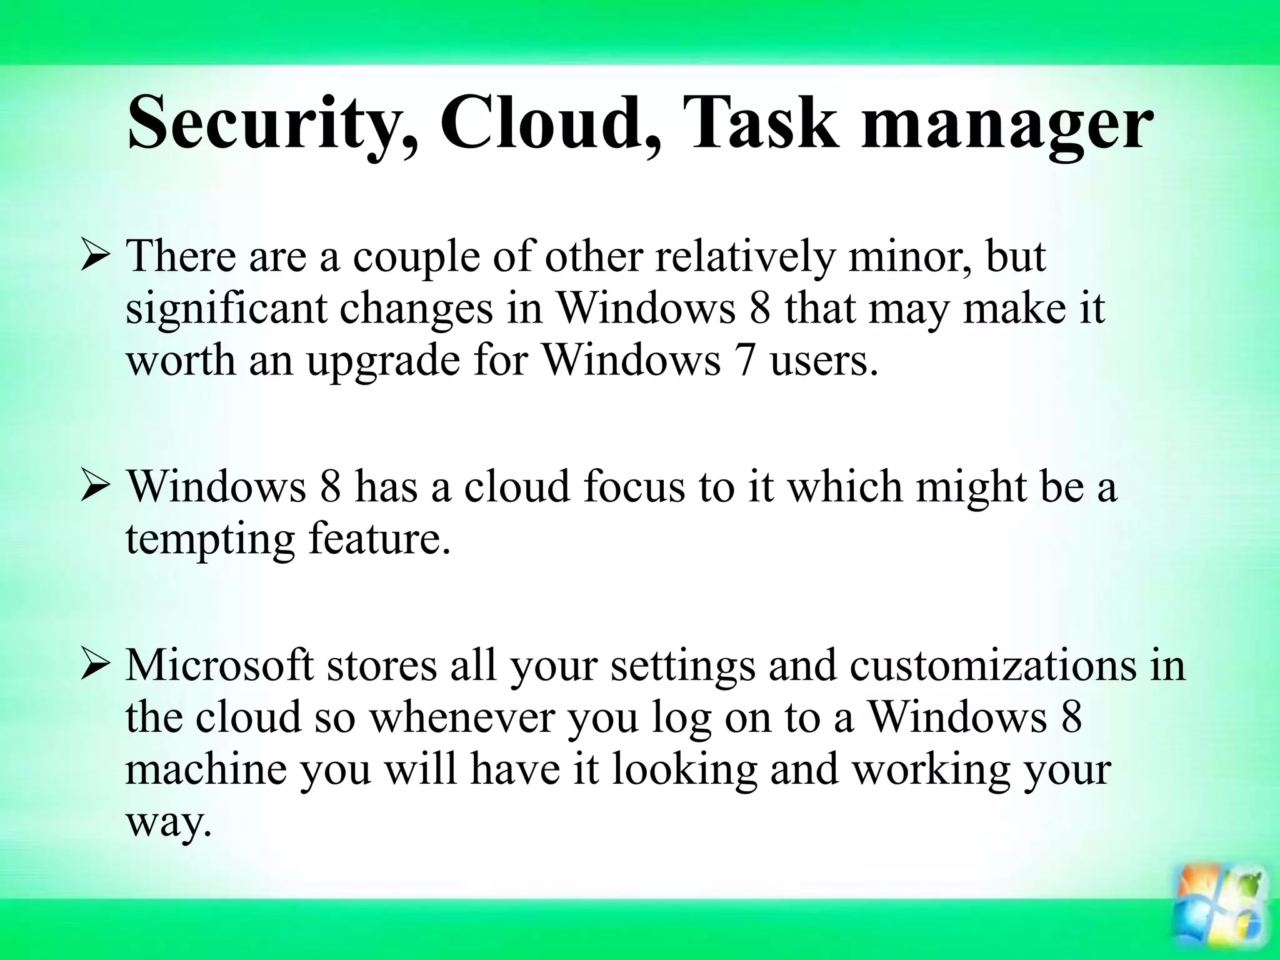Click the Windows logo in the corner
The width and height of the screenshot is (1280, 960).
coord(1219,918)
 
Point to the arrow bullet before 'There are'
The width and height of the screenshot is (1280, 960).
coord(96,258)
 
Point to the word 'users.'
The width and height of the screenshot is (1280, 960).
coord(824,361)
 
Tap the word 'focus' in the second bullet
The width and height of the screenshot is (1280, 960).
coord(634,486)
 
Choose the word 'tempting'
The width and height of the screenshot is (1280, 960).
coord(210,539)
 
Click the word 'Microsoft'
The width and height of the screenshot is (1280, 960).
coord(219,665)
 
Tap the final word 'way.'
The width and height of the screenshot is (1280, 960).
coord(166,822)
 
